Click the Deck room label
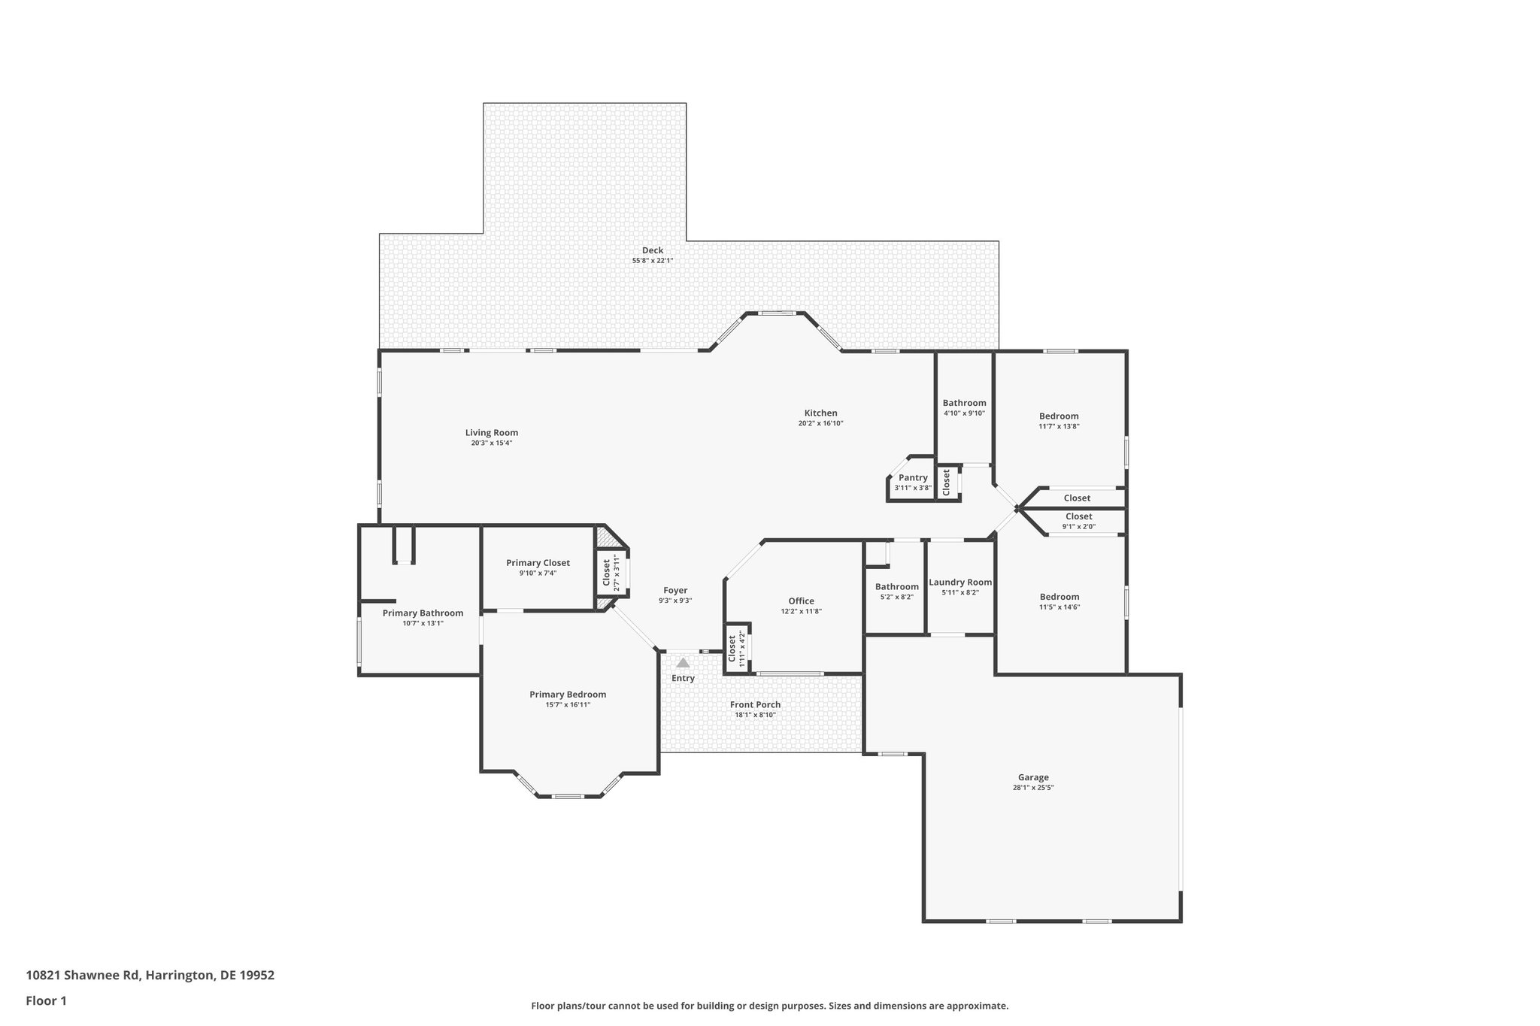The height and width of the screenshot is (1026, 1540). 652,250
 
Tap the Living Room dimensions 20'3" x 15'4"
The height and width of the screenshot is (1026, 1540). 491,443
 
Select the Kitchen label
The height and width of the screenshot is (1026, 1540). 820,413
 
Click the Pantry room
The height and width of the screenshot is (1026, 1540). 913,482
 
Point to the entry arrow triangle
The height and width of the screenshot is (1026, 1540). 683,663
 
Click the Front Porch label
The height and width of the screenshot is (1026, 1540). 755,704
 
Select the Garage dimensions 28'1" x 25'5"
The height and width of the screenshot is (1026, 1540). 1033,788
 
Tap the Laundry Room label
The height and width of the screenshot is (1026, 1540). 960,582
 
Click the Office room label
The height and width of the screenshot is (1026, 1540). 801,601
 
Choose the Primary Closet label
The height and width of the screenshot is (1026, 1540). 538,562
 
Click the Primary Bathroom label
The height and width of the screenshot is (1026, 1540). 423,613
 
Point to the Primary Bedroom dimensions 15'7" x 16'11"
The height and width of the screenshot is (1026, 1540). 568,705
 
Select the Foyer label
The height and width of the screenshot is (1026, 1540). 675,590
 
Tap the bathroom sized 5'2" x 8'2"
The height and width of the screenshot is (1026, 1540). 896,591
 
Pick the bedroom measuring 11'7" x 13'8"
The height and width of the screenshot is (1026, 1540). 1059,420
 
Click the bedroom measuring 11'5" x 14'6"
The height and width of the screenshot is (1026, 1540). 1060,601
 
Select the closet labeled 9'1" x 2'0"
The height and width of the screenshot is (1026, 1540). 1078,521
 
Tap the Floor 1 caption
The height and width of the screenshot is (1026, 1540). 47,1000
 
